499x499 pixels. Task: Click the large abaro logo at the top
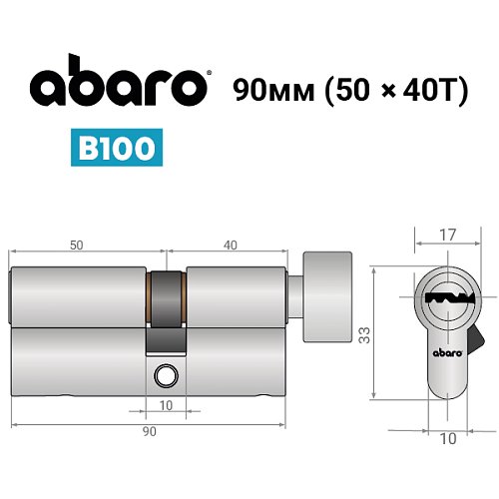pyautogui.click(x=119, y=85)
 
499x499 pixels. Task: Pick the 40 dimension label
pyautogui.click(x=230, y=244)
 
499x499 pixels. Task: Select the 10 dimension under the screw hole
pyautogui.click(x=166, y=405)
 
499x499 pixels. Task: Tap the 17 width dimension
pyautogui.click(x=447, y=237)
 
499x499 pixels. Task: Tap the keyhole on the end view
pyautogui.click(x=445, y=296)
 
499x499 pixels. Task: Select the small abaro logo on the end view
pyautogui.click(x=445, y=352)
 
